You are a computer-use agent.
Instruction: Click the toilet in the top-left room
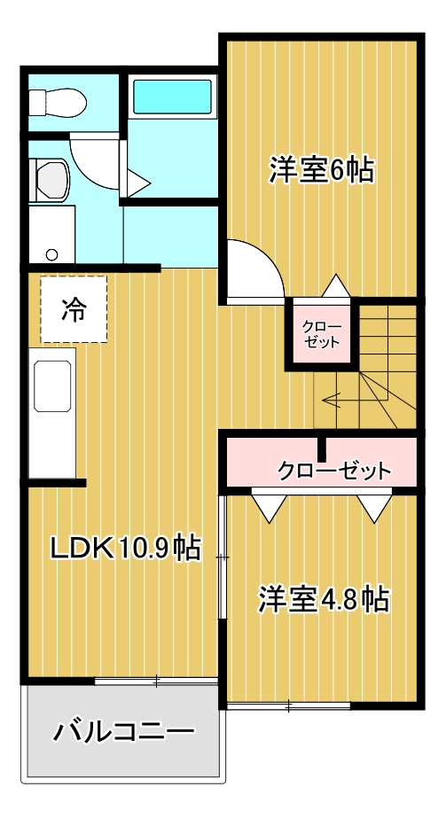pos(58,102)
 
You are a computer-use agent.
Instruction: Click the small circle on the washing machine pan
pos(51,254)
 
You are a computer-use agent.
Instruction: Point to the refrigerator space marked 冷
pos(74,309)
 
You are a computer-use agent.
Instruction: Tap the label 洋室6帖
pos(321,169)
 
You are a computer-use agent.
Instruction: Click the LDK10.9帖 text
pos(125,547)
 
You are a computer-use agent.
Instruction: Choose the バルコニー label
pos(123,731)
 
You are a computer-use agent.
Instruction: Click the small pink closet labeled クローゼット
pos(321,333)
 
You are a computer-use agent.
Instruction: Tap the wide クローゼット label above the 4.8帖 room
pos(334,471)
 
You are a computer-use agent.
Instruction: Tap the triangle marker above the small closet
pos(335,286)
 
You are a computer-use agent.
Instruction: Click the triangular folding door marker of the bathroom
pos(137,183)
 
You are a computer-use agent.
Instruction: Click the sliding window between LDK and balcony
pos(156,681)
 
